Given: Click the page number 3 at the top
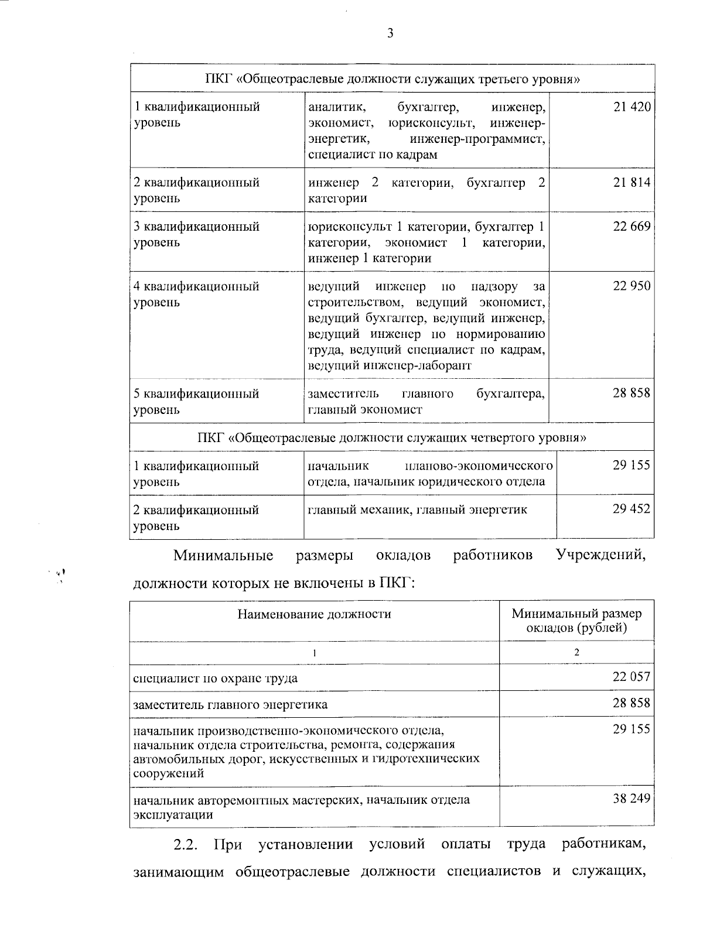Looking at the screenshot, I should click(x=390, y=33).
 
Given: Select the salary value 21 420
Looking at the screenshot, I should click(x=632, y=107).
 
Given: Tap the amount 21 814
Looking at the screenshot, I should click(x=632, y=183).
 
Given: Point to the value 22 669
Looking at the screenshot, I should click(x=632, y=227).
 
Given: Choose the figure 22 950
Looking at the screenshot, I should click(x=632, y=287).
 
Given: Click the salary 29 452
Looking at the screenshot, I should click(x=632, y=509).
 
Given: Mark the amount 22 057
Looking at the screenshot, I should click(x=632, y=677).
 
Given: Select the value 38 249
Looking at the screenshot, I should click(x=632, y=799).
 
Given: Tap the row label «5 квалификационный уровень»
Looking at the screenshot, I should click(x=196, y=402).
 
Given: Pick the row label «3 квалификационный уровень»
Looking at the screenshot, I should click(x=196, y=234).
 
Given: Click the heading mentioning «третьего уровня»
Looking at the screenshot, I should click(x=392, y=79).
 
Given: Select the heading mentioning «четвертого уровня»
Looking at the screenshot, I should click(x=392, y=437).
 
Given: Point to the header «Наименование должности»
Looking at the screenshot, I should click(x=314, y=614).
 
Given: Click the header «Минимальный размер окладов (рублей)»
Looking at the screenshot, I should click(x=576, y=621).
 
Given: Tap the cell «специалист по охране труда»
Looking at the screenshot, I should click(x=216, y=679).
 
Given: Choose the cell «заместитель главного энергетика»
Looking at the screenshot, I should click(x=230, y=704).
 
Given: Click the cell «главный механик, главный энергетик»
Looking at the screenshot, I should click(x=418, y=510).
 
